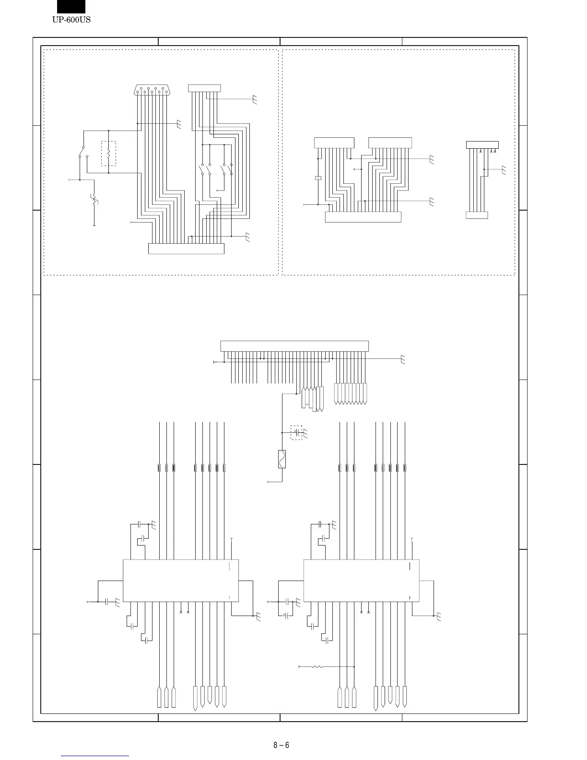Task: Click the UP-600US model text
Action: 71,20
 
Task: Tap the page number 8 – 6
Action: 281,745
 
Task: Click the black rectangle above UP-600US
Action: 71,6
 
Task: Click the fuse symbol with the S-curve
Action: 282,459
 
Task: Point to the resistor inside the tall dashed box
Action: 109,154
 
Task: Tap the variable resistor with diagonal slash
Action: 94,198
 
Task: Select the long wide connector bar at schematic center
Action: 294,346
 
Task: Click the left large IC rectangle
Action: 181,580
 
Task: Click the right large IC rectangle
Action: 361,580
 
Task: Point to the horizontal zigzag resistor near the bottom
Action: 317,666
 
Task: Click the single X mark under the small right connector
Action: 481,152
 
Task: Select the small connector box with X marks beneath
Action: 482,145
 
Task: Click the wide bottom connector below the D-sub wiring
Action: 186,249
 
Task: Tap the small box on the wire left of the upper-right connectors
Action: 317,178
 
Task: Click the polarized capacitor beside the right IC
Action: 286,615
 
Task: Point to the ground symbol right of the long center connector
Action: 403,359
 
